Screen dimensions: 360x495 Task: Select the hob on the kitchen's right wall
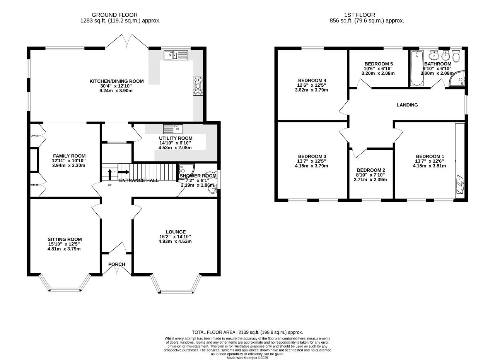pyautogui.click(x=198, y=86)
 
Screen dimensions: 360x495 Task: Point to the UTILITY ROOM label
pyautogui.click(x=176, y=138)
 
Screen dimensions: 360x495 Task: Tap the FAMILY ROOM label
pyautogui.click(x=64, y=156)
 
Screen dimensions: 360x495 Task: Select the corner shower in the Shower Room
pyautogui.click(x=185, y=169)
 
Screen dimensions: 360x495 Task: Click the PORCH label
pyautogui.click(x=116, y=264)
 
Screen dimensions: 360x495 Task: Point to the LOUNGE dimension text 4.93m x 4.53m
pyautogui.click(x=176, y=242)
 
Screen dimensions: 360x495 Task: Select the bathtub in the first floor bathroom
pyautogui.click(x=416, y=68)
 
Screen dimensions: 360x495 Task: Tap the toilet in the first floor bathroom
pyautogui.click(x=456, y=57)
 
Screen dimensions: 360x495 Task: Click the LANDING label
pyautogui.click(x=407, y=105)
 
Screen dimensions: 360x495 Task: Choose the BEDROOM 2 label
pyautogui.click(x=371, y=170)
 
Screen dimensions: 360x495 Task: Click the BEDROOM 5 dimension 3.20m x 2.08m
pyautogui.click(x=378, y=73)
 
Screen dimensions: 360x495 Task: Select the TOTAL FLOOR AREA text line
pyautogui.click(x=247, y=332)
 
